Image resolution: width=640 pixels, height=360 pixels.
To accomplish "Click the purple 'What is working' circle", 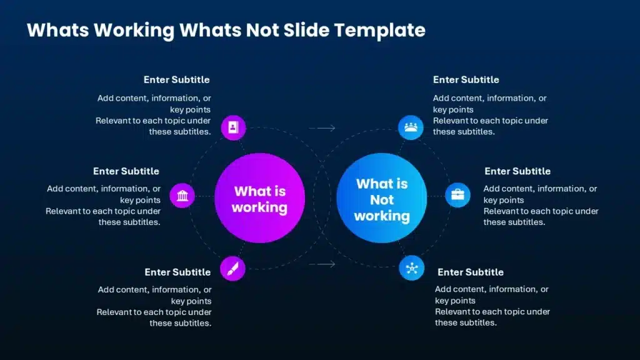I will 259,197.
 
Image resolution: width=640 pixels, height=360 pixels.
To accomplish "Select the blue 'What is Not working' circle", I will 381,199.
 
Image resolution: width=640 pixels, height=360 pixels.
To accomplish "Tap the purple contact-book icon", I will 233,127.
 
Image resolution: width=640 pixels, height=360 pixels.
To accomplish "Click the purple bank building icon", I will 182,196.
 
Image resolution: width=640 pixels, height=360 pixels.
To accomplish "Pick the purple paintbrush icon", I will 232,268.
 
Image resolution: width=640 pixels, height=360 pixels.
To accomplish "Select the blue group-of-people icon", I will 411,127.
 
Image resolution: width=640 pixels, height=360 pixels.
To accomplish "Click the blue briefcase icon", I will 457,195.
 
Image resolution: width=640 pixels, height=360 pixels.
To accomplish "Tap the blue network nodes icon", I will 411,268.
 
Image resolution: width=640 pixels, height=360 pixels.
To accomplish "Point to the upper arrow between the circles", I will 322,128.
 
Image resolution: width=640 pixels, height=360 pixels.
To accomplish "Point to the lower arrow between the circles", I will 322,264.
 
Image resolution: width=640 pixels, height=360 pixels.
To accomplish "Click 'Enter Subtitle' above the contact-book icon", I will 176,80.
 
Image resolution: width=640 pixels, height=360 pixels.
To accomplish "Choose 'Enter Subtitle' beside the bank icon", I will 126,171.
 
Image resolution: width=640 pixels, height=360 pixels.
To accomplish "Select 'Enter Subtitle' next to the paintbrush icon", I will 177,272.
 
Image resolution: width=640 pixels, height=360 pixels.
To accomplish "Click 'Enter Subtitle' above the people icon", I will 466,80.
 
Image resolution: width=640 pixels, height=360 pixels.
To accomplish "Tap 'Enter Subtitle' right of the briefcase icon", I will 517,171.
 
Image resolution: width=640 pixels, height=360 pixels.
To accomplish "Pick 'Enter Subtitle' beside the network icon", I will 470,272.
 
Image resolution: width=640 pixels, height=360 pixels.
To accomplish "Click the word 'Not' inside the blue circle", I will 381,200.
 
